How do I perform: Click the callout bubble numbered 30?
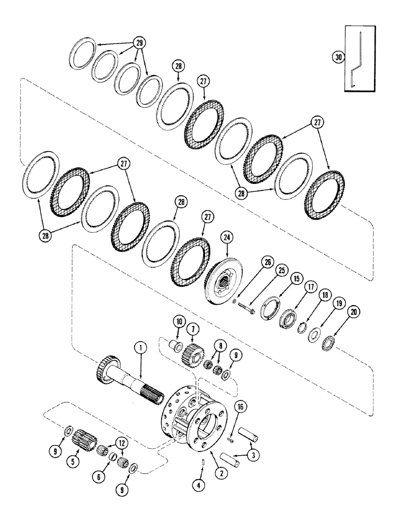pos(337,57)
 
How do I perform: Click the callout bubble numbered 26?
pos(266,262)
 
